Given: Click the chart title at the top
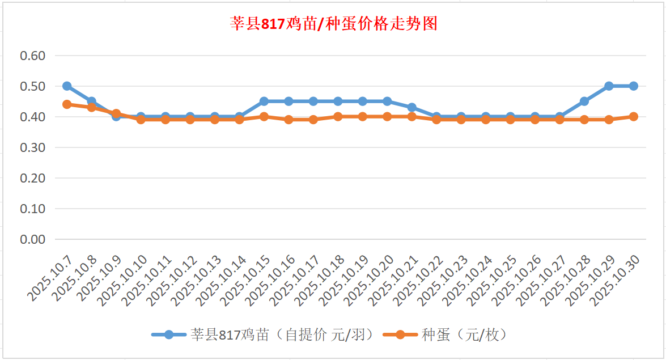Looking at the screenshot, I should point(333,24).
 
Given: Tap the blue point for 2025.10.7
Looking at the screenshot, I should point(67,86).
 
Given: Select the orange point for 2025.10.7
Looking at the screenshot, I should point(67,104).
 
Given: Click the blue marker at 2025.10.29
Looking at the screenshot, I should point(609,86).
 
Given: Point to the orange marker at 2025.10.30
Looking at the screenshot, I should point(634,117).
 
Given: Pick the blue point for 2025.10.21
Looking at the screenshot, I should point(412,108).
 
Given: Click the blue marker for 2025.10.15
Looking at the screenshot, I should point(264,101).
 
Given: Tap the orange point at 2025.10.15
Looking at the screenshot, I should point(264,117).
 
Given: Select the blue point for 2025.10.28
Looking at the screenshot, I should point(584,101).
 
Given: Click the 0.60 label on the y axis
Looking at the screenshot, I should point(32,56).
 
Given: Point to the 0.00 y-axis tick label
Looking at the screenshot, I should point(32,239).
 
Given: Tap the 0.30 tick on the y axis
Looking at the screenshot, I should point(32,147).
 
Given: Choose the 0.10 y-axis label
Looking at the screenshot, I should point(32,209).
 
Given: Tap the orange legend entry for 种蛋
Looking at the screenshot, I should point(445,335).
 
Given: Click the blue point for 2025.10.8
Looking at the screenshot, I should point(91,101).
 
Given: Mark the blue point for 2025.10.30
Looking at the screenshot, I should point(634,86).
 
